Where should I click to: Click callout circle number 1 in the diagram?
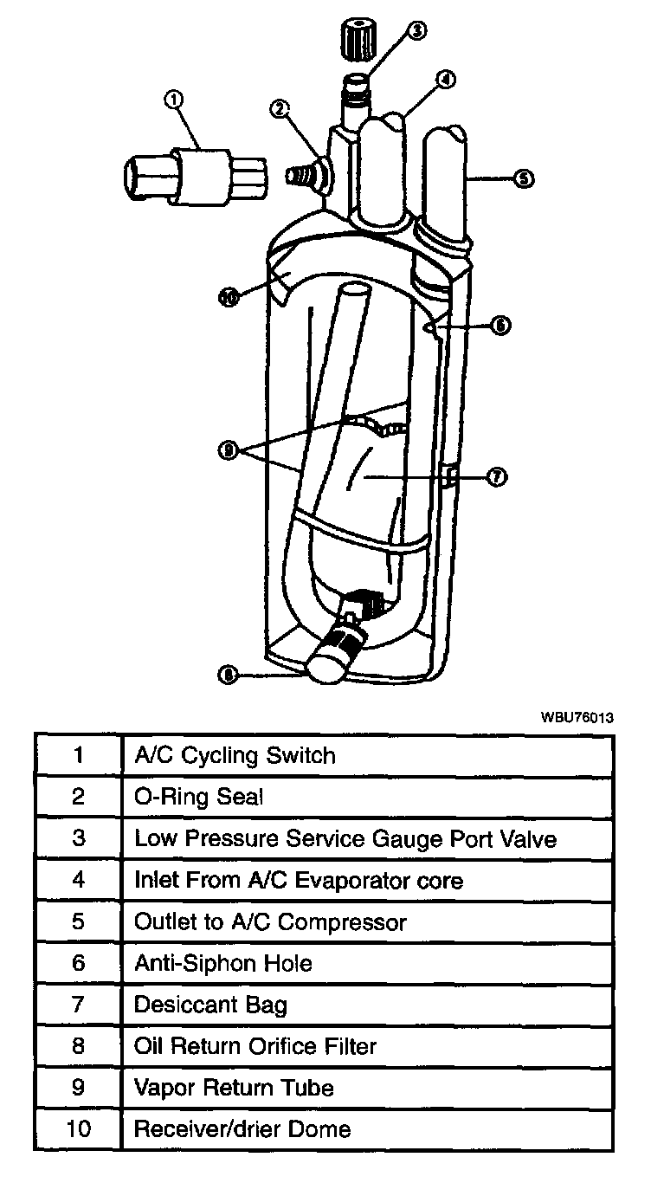[x=173, y=100]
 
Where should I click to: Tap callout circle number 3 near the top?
[x=416, y=31]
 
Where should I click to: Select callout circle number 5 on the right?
[x=524, y=179]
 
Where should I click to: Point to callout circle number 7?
[x=497, y=477]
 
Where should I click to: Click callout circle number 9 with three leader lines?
[x=228, y=450]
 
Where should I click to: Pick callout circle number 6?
[x=500, y=326]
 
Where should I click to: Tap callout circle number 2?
[x=279, y=108]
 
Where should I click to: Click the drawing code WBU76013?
[x=577, y=717]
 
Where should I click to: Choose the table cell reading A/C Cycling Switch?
[x=235, y=755]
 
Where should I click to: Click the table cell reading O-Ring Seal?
[x=198, y=797]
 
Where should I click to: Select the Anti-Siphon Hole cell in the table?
[x=222, y=963]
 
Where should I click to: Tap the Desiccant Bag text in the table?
[x=210, y=1005]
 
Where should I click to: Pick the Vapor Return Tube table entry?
[x=234, y=1088]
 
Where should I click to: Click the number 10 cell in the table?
[x=78, y=1129]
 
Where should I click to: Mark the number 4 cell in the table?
[x=78, y=880]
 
